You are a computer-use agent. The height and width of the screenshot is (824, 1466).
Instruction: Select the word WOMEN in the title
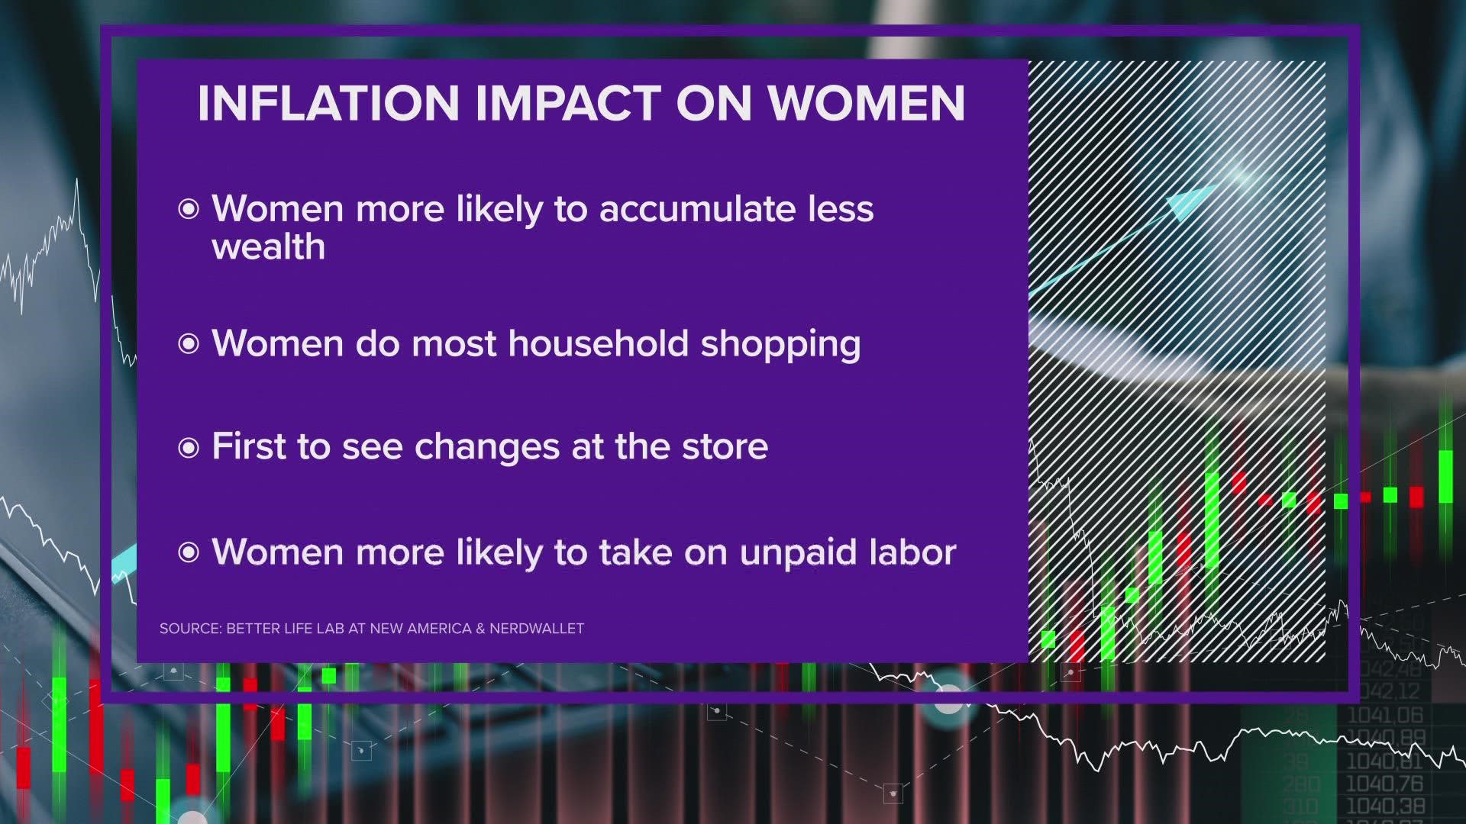(867, 103)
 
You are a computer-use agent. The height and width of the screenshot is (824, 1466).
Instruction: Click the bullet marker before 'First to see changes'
(189, 447)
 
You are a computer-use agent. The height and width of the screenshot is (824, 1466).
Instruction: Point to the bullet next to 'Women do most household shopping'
(189, 344)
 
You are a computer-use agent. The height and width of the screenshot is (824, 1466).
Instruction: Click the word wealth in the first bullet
(268, 247)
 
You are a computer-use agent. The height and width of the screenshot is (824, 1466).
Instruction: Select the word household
(598, 343)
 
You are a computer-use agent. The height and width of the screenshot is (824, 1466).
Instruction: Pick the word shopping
(780, 345)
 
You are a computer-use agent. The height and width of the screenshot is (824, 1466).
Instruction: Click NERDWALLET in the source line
(537, 629)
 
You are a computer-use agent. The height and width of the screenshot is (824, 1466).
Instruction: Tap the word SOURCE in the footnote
(189, 629)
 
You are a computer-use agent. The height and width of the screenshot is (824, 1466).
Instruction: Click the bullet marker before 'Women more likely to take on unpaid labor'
(189, 552)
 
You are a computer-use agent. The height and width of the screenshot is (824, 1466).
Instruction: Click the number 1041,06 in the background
(1385, 716)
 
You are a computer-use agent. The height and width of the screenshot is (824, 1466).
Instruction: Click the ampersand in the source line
(480, 629)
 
